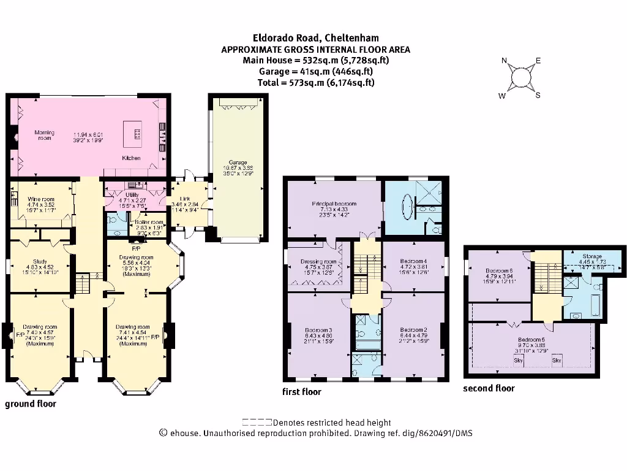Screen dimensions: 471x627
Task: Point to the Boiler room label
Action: pyautogui.click(x=150, y=222)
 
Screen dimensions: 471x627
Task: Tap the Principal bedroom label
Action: pyautogui.click(x=334, y=204)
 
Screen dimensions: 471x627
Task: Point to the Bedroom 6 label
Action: pyautogui.click(x=499, y=270)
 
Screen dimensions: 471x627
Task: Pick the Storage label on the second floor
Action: pyautogui.click(x=592, y=256)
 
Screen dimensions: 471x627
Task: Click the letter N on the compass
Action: pyautogui.click(x=505, y=61)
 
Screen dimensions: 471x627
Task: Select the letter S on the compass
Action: pyautogui.click(x=538, y=94)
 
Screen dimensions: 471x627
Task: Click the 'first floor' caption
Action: pyautogui.click(x=301, y=391)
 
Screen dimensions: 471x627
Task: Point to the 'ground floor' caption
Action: pyautogui.click(x=31, y=404)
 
